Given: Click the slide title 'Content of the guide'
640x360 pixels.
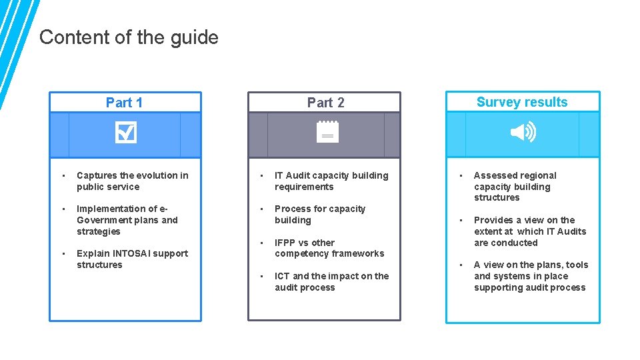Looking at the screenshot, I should coord(129,37).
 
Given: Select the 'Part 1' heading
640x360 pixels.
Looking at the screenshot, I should coord(124,103).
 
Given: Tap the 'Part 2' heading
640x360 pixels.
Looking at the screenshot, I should coord(325,103).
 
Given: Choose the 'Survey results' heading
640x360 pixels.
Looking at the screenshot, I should coord(522,102).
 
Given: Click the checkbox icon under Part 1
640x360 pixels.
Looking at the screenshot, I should coord(125,133).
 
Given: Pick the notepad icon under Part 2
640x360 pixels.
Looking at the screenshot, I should coord(327,132).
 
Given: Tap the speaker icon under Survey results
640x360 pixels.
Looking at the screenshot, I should coord(523,133).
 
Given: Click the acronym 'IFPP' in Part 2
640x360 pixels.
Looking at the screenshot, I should coord(286,243).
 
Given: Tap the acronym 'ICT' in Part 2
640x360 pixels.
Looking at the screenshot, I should coord(282,276).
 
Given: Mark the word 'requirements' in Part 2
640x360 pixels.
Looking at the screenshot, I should coord(304,187).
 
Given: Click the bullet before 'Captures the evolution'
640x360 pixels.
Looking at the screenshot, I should coord(62,175).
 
